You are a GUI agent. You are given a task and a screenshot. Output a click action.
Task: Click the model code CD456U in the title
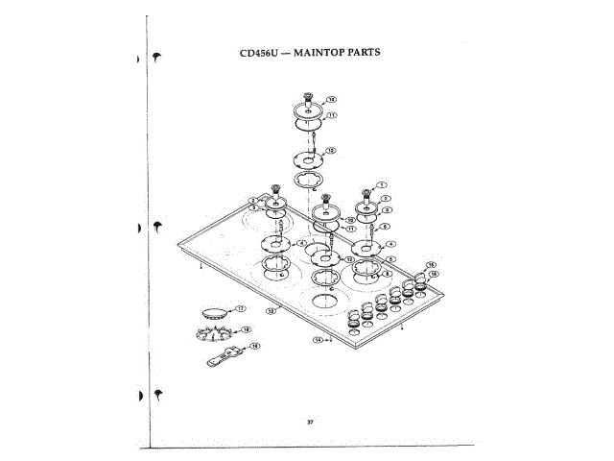tap(258, 53)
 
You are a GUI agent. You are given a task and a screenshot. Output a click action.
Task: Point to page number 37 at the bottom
tap(310, 422)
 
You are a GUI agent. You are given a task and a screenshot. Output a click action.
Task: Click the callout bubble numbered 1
tap(380, 183)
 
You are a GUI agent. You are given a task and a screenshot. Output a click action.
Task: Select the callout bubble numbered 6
tap(385, 227)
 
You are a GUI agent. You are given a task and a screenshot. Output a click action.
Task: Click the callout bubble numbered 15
tap(431, 264)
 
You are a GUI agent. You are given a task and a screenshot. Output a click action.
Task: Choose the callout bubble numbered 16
tap(434, 274)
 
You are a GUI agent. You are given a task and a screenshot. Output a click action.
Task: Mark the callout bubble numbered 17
tap(241, 308)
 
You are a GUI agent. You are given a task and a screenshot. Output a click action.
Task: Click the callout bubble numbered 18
tap(247, 329)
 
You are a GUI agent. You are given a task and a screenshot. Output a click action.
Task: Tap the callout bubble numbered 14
tap(318, 340)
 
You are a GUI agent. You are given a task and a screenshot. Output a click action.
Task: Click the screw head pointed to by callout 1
tap(366, 190)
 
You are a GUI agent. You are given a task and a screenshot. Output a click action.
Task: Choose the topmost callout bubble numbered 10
tap(332, 99)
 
